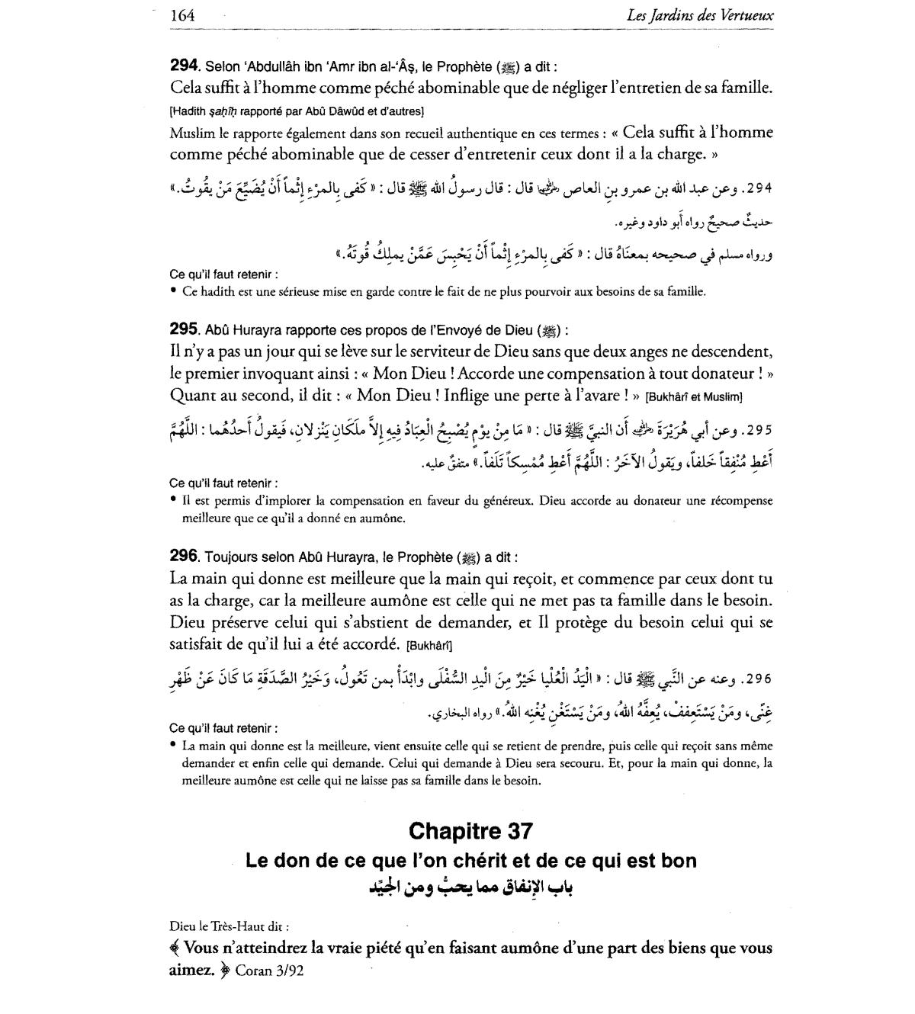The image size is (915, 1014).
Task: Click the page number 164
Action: tap(183, 14)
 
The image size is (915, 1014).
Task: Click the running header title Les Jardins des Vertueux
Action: tap(699, 14)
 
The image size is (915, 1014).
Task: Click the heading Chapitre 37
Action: tap(470, 830)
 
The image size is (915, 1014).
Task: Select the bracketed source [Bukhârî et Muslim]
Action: tap(693, 396)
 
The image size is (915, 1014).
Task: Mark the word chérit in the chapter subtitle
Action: tap(467, 861)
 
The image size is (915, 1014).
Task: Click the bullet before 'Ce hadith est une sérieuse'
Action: tap(174, 290)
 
